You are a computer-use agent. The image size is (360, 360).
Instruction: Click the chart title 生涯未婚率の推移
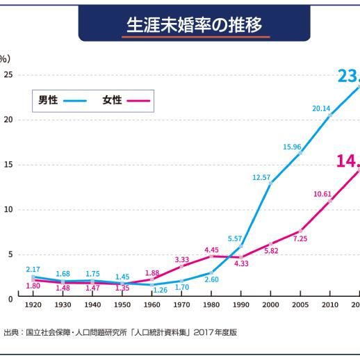click(x=194, y=25)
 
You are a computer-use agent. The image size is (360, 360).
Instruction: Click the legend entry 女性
click(x=112, y=100)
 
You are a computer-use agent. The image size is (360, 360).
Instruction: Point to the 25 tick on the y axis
click(x=8, y=75)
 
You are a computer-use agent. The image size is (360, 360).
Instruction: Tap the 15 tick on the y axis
click(x=8, y=165)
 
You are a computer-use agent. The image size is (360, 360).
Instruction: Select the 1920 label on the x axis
click(x=33, y=304)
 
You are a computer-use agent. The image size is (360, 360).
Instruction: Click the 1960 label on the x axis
click(x=152, y=304)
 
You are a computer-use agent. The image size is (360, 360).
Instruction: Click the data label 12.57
click(x=261, y=177)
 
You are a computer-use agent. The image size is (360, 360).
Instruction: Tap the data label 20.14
click(x=321, y=108)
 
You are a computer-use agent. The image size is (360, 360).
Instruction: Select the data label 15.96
click(x=292, y=147)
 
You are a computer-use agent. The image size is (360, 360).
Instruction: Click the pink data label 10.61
click(x=322, y=193)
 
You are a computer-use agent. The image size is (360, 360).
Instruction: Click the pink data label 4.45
click(x=211, y=249)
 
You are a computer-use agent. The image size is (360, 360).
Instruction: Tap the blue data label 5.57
click(x=235, y=238)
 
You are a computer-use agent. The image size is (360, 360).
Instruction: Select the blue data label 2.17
click(x=33, y=269)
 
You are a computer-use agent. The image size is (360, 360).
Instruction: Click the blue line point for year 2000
click(x=270, y=183)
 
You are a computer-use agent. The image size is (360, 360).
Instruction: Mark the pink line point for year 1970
click(x=181, y=266)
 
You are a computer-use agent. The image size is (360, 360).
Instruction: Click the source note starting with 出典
click(x=120, y=332)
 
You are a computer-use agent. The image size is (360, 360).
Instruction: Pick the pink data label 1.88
click(x=152, y=272)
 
